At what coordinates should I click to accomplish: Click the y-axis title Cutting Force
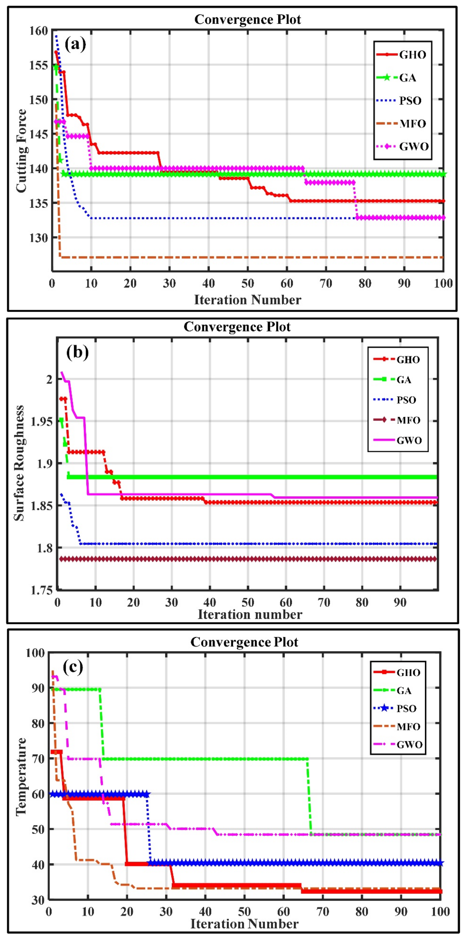(21, 151)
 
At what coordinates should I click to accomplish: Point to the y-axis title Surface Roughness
(19, 463)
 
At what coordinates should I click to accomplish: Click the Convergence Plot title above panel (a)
(248, 19)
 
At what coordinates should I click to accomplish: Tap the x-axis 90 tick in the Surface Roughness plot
(400, 602)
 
